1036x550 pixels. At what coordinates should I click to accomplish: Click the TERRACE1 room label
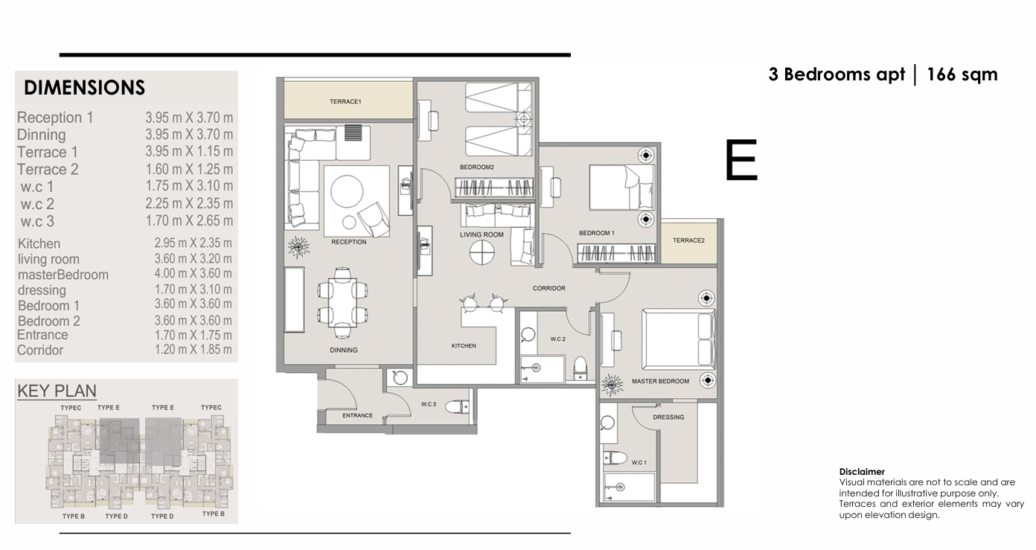pos(345,102)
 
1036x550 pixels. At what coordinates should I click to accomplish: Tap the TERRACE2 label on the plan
pos(688,240)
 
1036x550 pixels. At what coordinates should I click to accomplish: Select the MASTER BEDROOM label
pos(660,381)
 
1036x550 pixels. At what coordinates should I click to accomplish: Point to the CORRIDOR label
pos(549,288)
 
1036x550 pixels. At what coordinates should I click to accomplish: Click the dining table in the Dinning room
pos(342,302)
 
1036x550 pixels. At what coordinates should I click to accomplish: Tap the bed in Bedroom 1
pos(621,188)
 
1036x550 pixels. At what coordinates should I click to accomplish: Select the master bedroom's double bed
pos(678,339)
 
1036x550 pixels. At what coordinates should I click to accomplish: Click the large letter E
pos(741,160)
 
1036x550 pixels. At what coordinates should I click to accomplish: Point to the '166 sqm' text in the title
pos(962,74)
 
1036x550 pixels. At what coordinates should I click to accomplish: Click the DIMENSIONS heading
pos(84,88)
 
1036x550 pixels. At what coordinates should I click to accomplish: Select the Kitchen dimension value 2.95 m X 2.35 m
pos(193,243)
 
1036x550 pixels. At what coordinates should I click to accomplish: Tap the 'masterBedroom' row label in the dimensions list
pos(63,275)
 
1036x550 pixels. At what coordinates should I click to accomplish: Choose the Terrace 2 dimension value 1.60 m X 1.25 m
pos(189,169)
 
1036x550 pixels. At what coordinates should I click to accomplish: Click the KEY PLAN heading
pos(57,391)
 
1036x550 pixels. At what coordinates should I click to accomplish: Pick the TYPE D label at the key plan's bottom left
pos(116,517)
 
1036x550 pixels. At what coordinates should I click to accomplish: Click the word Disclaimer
pos(862,472)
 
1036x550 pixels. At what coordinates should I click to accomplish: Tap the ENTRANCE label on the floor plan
pos(357,415)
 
